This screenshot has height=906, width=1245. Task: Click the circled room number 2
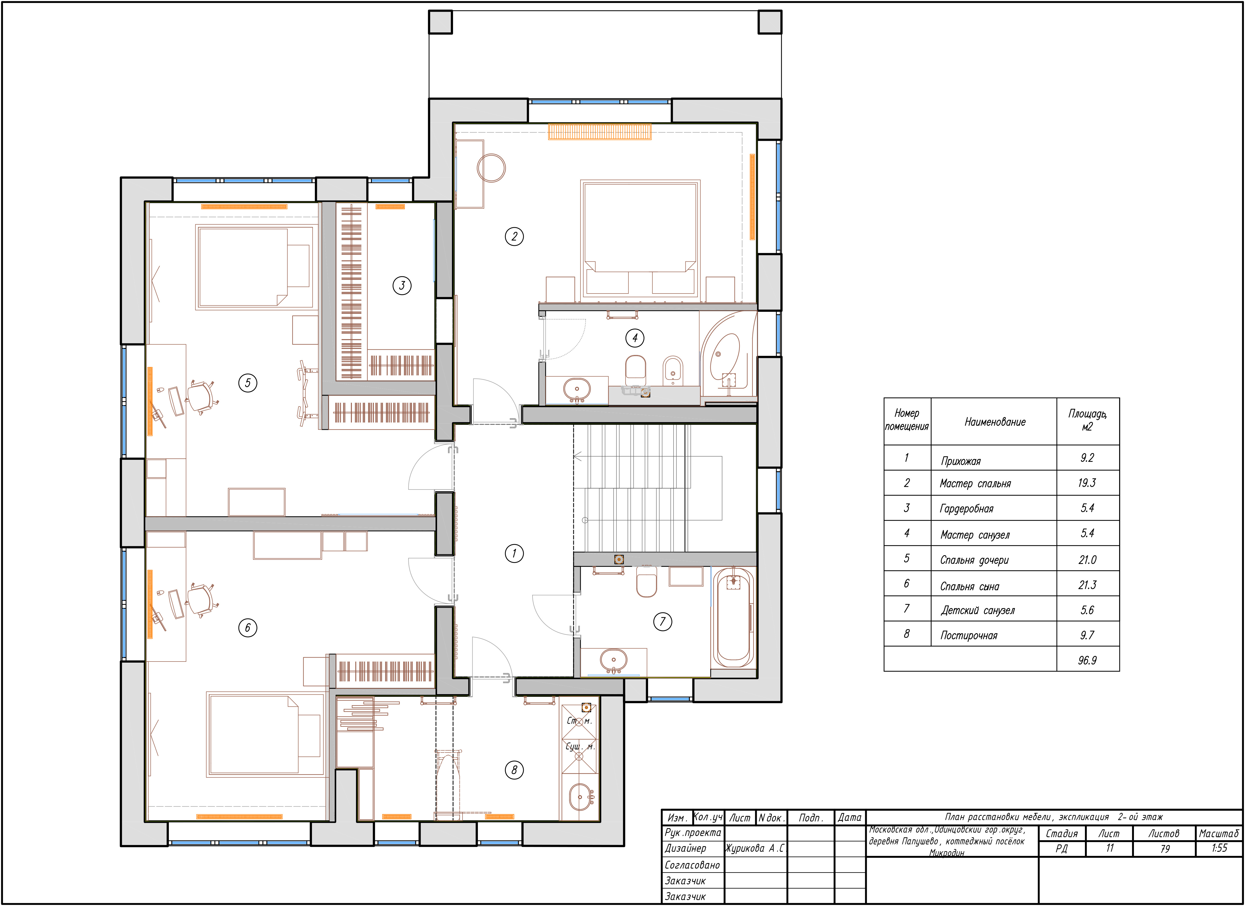(x=514, y=237)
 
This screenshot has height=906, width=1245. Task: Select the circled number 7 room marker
(x=663, y=621)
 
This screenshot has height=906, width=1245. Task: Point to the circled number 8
(x=514, y=770)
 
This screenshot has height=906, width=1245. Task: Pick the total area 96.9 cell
(x=1087, y=660)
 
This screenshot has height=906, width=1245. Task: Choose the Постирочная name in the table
(x=969, y=635)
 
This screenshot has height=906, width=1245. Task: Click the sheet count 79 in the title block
(x=1164, y=848)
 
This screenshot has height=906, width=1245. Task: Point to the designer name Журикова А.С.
(x=755, y=848)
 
